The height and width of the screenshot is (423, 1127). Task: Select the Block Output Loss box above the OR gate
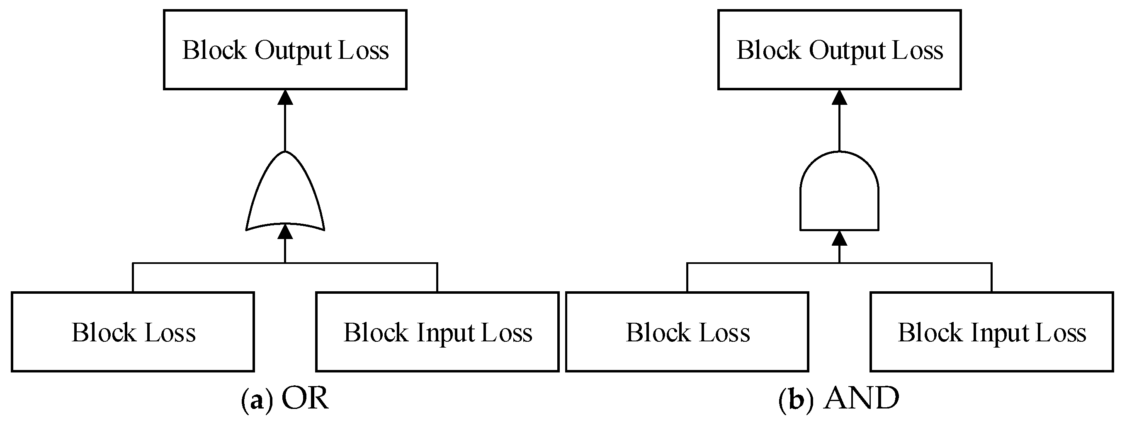[285, 49]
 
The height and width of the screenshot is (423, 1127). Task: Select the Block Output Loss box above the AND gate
[839, 49]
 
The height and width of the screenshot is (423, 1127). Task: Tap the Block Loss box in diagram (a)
[133, 332]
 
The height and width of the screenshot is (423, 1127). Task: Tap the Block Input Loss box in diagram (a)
[437, 332]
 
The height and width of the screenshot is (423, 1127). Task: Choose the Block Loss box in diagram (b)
[687, 332]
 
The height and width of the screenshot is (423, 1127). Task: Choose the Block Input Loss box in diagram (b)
[991, 332]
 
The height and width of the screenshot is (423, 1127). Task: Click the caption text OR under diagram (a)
[304, 399]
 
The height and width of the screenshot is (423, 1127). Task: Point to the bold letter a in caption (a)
[257, 400]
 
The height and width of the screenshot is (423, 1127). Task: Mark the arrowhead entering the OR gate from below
[285, 232]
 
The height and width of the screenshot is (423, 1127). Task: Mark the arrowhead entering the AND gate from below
[839, 238]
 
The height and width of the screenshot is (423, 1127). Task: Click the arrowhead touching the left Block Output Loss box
[285, 97]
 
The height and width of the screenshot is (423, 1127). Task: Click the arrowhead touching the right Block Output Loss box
[839, 97]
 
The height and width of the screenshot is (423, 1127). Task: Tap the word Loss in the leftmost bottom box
[170, 333]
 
